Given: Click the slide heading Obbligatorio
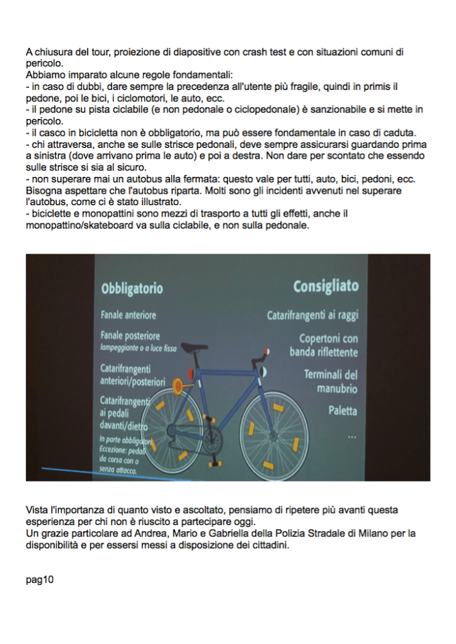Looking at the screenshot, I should click(x=132, y=289).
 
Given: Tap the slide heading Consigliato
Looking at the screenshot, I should click(x=326, y=286).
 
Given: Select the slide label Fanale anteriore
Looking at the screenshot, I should click(x=128, y=314).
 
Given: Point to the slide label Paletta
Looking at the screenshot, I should click(x=343, y=411).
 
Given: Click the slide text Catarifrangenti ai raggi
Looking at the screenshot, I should click(x=312, y=314).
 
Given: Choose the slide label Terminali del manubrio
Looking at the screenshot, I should click(x=331, y=381).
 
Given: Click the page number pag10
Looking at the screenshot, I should click(x=40, y=580).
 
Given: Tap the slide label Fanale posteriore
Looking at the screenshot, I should click(x=130, y=336).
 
